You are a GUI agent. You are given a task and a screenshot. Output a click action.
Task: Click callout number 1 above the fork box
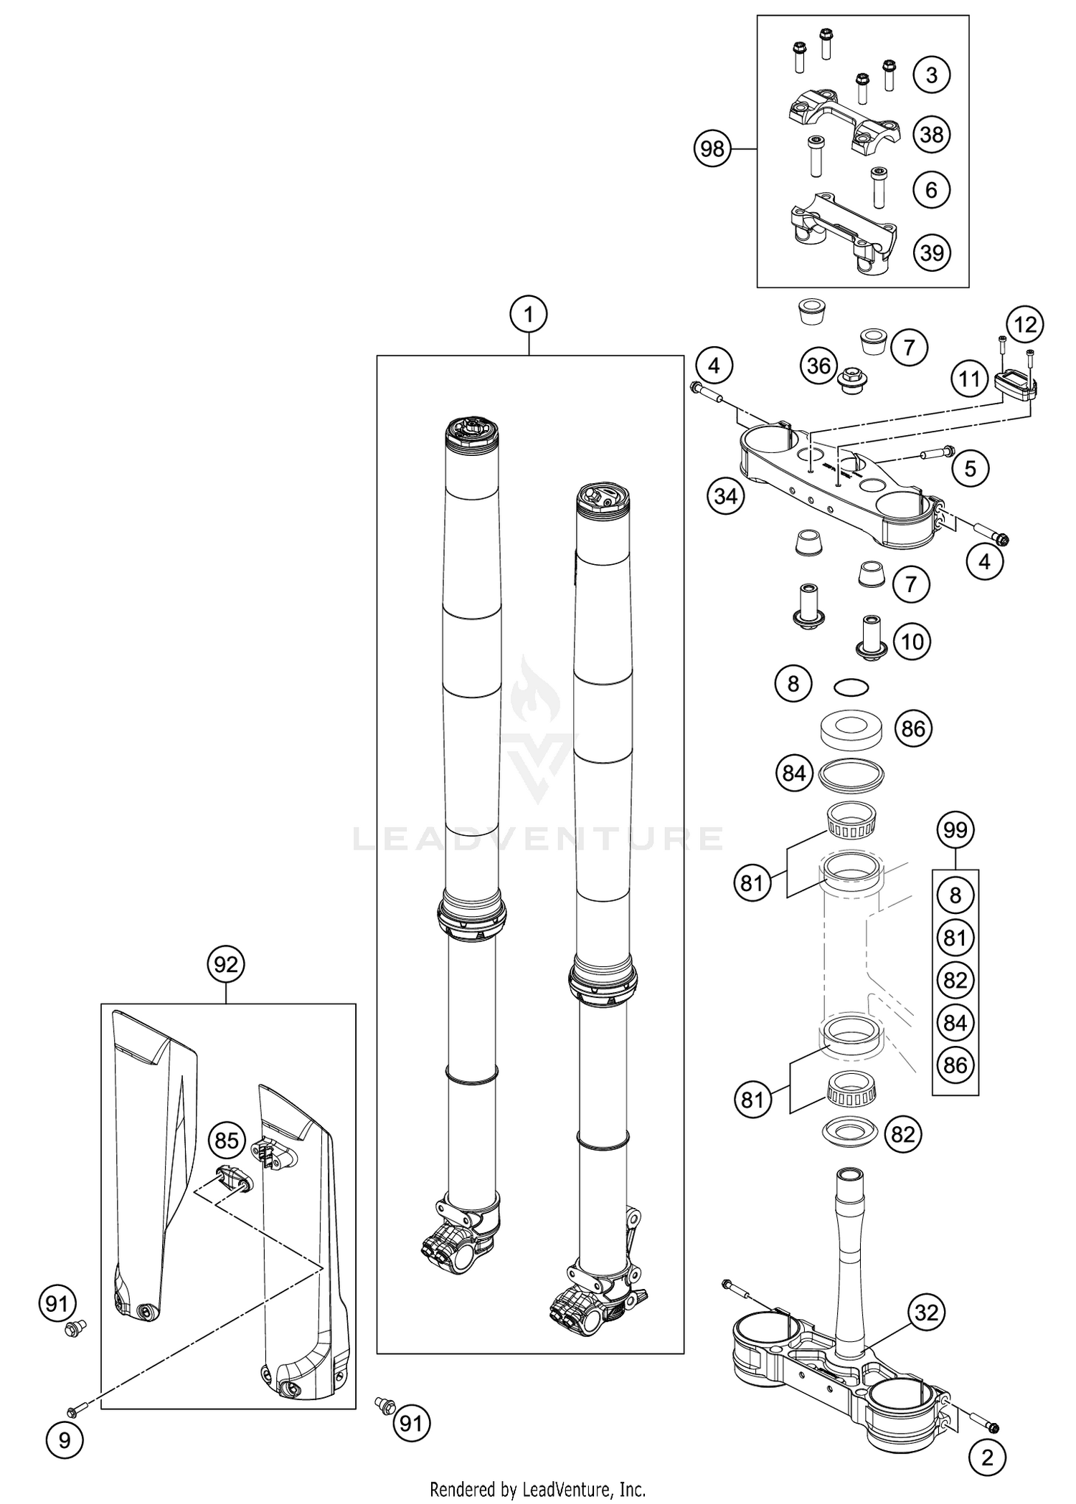pos(529,314)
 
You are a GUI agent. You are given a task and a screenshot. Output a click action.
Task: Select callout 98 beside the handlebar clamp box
pos(712,149)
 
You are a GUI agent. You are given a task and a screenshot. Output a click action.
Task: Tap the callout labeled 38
pos(931,134)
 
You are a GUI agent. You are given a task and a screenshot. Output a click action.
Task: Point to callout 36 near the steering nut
pos(818,366)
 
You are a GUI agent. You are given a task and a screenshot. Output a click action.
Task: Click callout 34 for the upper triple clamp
pos(725,495)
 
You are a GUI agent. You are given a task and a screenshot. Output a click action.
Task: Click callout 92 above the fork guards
pos(226,965)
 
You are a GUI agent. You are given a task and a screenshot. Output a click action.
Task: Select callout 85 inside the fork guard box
pos(227,1141)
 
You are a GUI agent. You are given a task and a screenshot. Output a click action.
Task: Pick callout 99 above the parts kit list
pos(955,830)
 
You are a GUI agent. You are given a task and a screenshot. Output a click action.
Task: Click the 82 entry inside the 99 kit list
pos(955,980)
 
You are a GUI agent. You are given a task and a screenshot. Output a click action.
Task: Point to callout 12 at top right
pos(1025,325)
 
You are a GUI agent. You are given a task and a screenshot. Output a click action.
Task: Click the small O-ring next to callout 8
pos(851,687)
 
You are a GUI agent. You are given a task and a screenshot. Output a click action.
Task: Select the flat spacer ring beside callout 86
pos(851,730)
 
